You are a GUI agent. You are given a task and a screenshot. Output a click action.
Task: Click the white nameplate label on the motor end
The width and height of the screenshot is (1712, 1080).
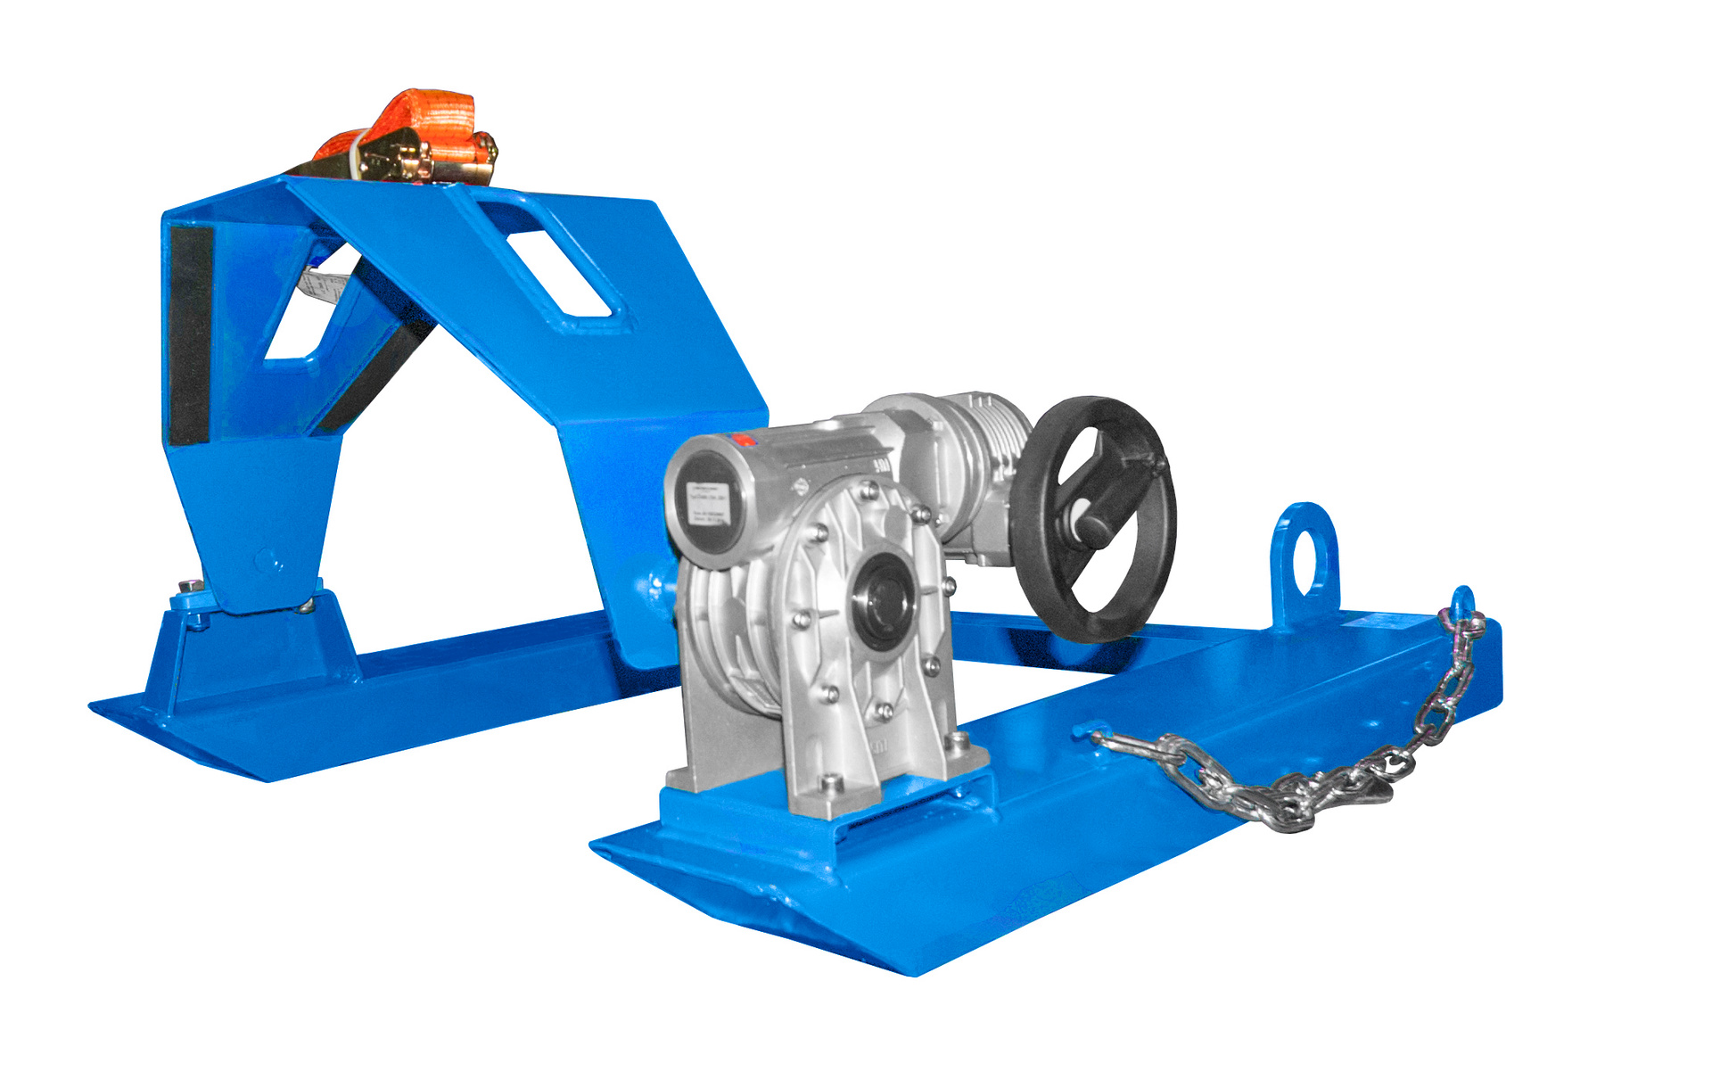coord(710,505)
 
